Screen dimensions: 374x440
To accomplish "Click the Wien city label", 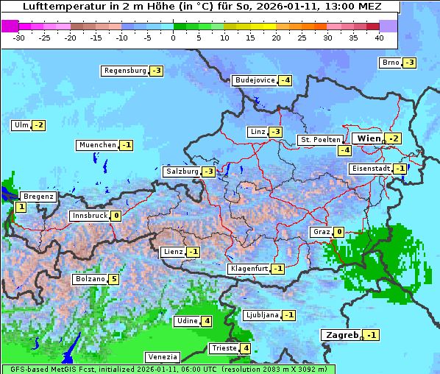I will [x=369, y=138].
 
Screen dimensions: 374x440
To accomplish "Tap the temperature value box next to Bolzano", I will [x=113, y=279].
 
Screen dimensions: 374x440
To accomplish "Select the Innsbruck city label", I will [x=89, y=216].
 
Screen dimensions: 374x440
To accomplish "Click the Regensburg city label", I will [x=125, y=71].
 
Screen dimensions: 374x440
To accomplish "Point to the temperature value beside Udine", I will [x=207, y=321].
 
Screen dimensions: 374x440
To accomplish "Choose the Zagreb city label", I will [x=342, y=335].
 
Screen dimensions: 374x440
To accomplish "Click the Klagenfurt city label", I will [x=248, y=269].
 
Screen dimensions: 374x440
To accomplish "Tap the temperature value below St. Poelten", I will [x=344, y=150].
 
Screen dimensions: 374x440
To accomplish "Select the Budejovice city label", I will [x=255, y=80].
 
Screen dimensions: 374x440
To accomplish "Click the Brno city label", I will [x=390, y=63].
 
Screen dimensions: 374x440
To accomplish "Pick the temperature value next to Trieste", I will [x=246, y=348].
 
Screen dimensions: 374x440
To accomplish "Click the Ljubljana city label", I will [x=261, y=315].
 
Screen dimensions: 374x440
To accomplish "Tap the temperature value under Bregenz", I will [x=21, y=208].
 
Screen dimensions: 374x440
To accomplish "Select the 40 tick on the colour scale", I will [x=379, y=37].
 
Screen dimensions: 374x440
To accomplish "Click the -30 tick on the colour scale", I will [x=19, y=37].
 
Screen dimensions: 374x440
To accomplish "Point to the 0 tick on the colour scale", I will [x=173, y=37].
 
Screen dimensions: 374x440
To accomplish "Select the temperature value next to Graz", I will [x=338, y=232].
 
